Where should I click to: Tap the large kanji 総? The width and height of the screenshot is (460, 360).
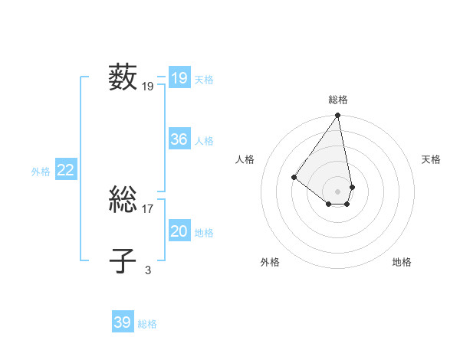click(123, 200)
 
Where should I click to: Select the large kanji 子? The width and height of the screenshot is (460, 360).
click(123, 260)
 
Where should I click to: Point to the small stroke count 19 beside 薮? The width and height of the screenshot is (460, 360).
click(148, 87)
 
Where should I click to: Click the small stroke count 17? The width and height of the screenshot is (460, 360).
click(148, 208)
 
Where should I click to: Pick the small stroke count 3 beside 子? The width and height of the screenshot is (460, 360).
click(148, 270)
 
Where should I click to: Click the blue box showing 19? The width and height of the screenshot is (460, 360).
click(179, 78)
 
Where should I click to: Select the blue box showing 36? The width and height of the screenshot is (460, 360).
click(179, 139)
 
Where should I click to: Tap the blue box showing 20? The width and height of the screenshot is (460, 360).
click(179, 231)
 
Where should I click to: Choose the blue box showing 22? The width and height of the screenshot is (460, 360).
click(65, 171)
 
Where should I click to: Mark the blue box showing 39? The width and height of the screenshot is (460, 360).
click(122, 322)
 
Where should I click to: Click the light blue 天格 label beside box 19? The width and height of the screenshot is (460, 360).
click(204, 79)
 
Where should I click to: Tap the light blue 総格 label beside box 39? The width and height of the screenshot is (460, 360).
click(147, 324)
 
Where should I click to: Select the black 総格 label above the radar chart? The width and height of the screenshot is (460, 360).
click(338, 100)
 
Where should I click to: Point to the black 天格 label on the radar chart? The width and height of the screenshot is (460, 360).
click(431, 159)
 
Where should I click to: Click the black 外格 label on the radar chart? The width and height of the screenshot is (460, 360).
click(270, 262)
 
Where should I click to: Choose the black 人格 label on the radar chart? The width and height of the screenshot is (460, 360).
click(245, 159)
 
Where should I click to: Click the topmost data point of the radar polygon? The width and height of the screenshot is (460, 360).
click(338, 116)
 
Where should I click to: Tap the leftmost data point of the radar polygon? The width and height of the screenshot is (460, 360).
click(294, 177)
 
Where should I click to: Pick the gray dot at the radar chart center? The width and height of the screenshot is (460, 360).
click(338, 191)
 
